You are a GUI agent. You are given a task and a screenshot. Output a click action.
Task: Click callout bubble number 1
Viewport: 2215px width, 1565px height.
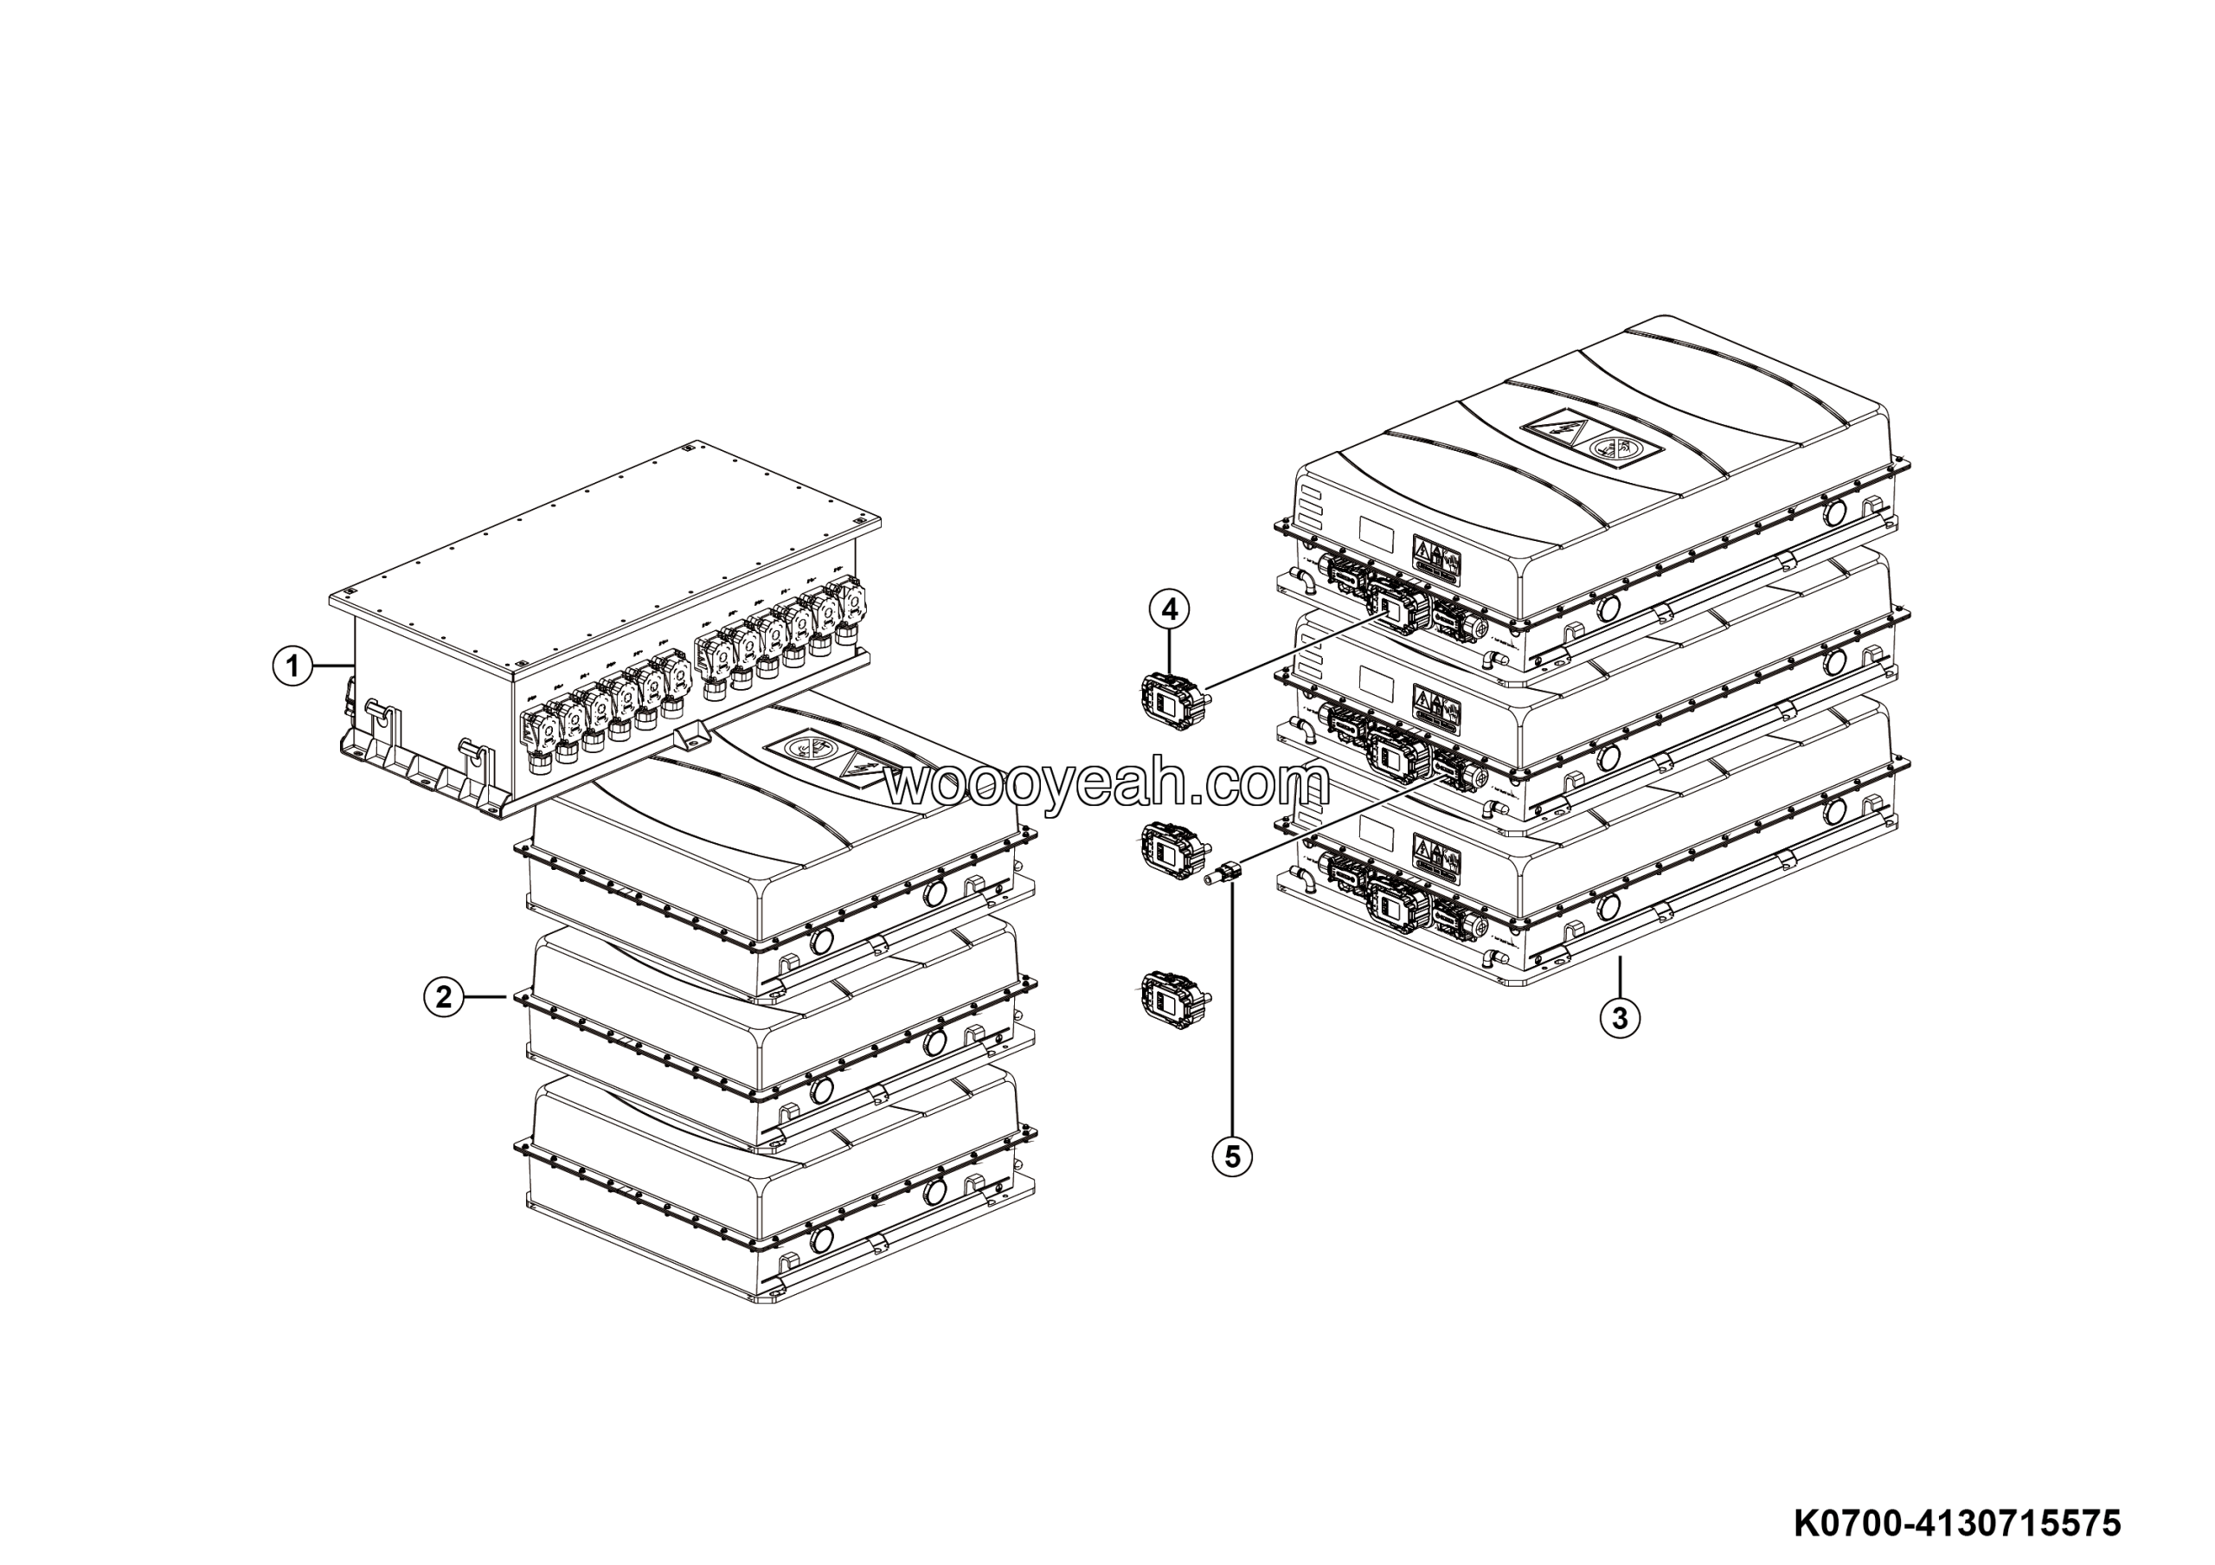[x=292, y=666]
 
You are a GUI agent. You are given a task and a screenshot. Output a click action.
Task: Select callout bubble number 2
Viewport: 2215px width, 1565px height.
[x=444, y=995]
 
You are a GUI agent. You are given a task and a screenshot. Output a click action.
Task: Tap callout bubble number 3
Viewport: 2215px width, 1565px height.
[x=1620, y=1017]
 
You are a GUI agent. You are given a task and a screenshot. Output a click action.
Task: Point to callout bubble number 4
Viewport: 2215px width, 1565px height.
[x=1169, y=609]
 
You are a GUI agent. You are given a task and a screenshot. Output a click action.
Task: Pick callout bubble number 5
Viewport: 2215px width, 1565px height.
[x=1232, y=1155]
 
